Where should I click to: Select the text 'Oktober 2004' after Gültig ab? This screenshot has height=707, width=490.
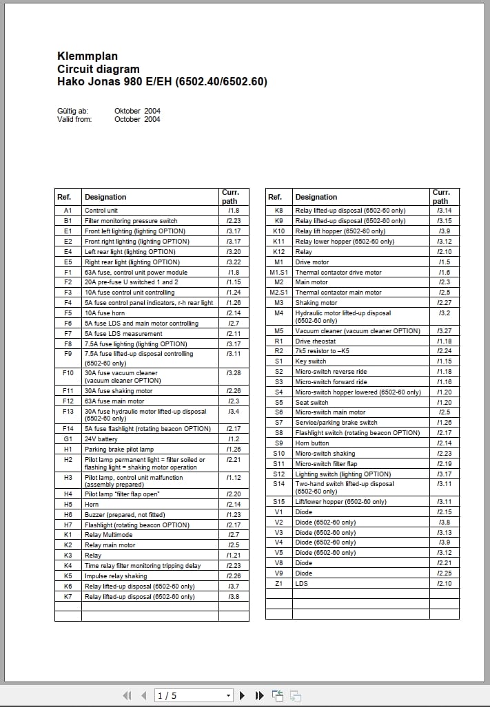pyautogui.click(x=137, y=111)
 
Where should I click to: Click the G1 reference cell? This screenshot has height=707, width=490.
pyautogui.click(x=68, y=439)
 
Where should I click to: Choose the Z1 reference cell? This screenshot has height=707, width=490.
pyautogui.click(x=278, y=583)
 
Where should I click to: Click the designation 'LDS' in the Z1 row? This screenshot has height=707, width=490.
pyautogui.click(x=301, y=583)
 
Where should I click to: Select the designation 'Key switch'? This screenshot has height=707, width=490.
pyautogui.click(x=310, y=361)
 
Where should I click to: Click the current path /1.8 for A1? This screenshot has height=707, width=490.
pyautogui.click(x=233, y=210)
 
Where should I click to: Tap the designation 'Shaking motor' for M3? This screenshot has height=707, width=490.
pyautogui.click(x=316, y=302)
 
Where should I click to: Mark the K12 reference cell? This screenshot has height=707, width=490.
pyautogui.click(x=278, y=251)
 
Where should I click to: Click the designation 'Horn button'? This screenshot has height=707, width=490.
pyautogui.click(x=312, y=443)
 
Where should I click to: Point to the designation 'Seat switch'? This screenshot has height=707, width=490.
pyautogui.click(x=312, y=402)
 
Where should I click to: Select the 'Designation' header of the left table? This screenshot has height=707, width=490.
pyautogui.click(x=105, y=197)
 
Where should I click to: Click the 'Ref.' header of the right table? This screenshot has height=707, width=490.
pyautogui.click(x=275, y=197)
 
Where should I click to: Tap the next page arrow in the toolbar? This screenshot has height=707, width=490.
pyautogui.click(x=243, y=695)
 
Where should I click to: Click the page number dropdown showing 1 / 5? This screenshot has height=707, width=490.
pyautogui.click(x=194, y=695)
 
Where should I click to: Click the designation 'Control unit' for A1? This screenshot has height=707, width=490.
pyautogui.click(x=101, y=210)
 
